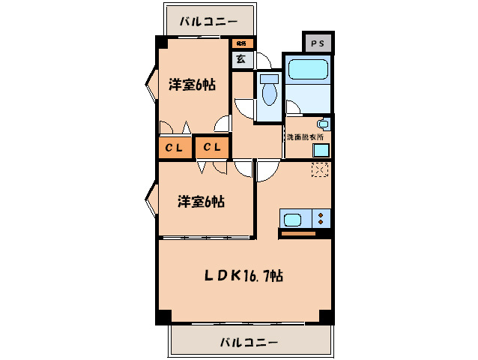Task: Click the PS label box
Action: [318, 44]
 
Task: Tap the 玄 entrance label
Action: [241, 59]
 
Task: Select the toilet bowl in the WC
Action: [267, 89]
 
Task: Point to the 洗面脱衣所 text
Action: [305, 137]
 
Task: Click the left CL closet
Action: [174, 147]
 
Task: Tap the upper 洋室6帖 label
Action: [192, 85]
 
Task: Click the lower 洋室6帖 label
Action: [202, 201]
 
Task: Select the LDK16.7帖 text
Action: [244, 275]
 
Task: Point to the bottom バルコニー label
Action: [249, 342]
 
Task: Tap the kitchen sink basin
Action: [293, 219]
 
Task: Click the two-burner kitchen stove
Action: [321, 219]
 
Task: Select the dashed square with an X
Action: [320, 169]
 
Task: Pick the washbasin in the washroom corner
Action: [324, 124]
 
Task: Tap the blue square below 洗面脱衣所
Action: [320, 149]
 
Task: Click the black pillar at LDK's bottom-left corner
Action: [161, 316]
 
